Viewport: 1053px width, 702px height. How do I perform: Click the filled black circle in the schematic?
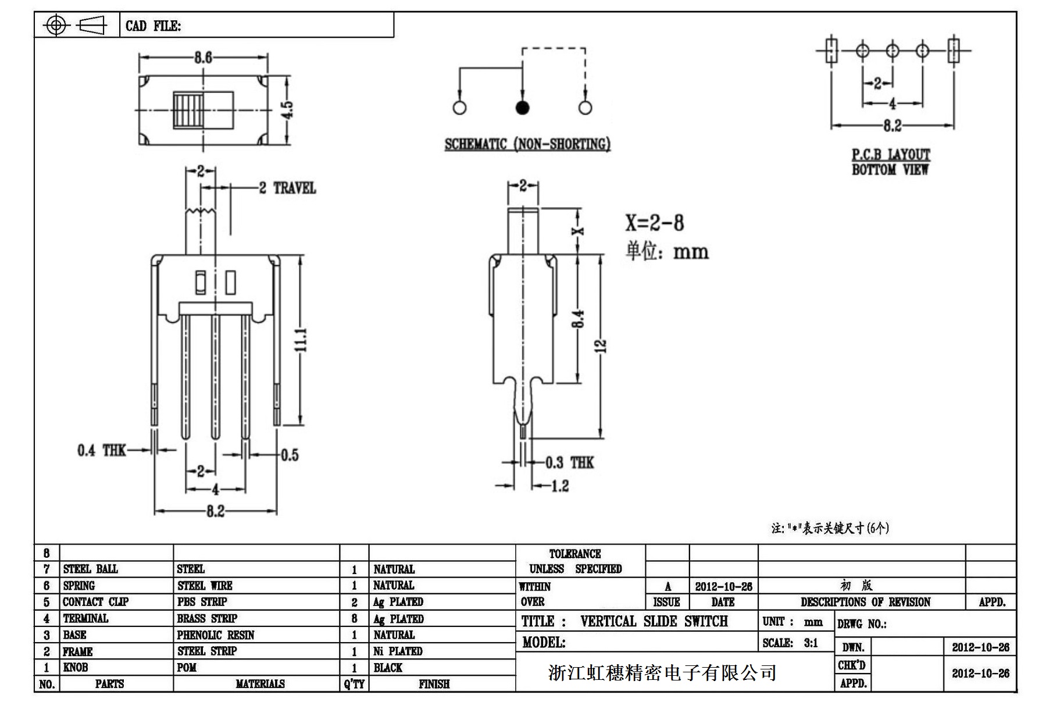point(522,108)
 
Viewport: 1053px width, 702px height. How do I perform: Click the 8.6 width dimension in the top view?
point(203,58)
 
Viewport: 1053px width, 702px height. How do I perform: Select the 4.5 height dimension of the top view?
point(287,109)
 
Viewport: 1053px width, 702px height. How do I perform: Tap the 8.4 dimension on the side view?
point(577,319)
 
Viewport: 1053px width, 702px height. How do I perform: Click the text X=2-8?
point(654,223)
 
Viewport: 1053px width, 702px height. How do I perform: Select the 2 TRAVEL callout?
point(287,188)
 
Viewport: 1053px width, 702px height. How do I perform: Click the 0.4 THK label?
point(101,450)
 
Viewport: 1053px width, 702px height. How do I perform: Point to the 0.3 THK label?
point(569,462)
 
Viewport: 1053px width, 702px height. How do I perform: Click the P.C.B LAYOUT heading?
point(891,155)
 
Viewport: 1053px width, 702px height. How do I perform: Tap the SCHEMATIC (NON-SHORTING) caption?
point(527,144)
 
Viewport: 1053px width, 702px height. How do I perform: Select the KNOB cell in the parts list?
point(76,667)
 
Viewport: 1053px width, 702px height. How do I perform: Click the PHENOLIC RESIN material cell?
point(216,635)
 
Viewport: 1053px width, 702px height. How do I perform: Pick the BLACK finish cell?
point(388,667)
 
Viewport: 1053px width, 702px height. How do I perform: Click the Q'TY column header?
point(354,684)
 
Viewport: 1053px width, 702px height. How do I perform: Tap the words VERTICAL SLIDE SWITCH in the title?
point(654,621)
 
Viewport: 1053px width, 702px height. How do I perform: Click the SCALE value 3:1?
point(811,643)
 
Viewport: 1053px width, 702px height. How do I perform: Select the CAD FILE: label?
point(153,26)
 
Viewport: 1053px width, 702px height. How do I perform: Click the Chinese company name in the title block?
point(662,673)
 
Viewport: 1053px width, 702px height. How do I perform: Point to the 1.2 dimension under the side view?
point(559,486)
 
